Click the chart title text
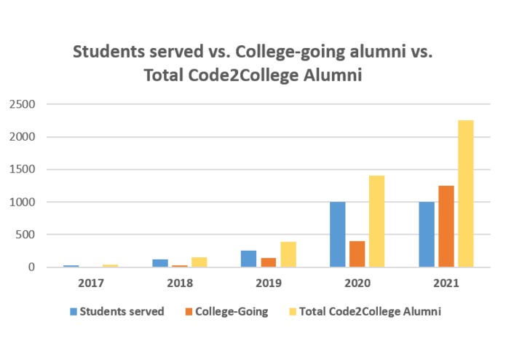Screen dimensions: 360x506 pos(253,63)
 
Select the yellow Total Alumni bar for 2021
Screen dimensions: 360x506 pos(465,194)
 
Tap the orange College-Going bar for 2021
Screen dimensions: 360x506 pos(446,227)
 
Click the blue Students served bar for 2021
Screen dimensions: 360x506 pos(427,235)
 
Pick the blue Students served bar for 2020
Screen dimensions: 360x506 pos(337,235)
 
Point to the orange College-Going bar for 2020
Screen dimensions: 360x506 pos(357,254)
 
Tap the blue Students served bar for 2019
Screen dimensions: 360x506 pos(248,259)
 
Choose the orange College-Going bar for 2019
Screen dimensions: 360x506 pos(268,262)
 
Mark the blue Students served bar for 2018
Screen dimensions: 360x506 pos(159,263)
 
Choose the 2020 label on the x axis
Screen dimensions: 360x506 pos(357,282)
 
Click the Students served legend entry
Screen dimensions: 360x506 pos(117,312)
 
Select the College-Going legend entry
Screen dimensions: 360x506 pos(225,312)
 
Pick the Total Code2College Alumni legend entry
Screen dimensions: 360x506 pos(364,312)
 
